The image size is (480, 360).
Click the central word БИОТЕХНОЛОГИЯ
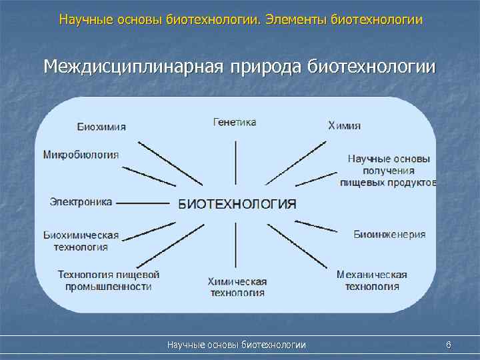click(237, 204)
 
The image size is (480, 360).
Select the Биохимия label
click(101, 127)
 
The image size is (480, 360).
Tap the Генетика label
click(235, 122)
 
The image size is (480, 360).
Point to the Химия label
click(345, 125)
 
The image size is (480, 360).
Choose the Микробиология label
click(81, 155)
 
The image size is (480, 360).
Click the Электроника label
click(81, 201)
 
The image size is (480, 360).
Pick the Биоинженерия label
click(389, 235)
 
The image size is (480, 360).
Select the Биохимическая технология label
click(81, 241)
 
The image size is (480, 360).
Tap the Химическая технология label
click(237, 287)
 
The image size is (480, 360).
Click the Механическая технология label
click(372, 281)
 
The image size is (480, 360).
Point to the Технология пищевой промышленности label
click(109, 281)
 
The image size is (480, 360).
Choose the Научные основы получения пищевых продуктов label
click(389, 170)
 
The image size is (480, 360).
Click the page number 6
click(449, 345)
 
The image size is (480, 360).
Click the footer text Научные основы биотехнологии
click(237, 345)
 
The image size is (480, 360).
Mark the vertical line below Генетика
click(235, 163)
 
